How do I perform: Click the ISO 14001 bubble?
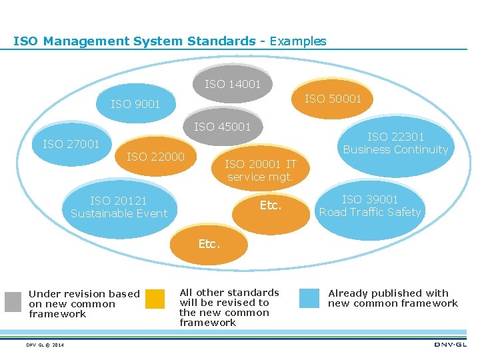[233, 85]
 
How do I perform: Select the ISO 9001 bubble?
[135, 105]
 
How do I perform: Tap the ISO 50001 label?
[333, 99]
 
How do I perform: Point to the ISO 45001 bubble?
[223, 127]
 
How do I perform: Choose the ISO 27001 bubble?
[71, 144]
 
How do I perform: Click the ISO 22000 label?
[155, 157]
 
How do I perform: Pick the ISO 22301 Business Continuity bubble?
[395, 143]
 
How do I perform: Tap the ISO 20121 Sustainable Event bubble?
[119, 207]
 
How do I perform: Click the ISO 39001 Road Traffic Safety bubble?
[370, 205]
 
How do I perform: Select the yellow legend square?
[155, 299]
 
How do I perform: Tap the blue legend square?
[309, 298]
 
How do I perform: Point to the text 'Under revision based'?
[84, 294]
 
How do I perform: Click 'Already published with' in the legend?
[389, 293]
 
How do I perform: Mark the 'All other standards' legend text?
[229, 293]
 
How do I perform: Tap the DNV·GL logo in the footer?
[451, 345]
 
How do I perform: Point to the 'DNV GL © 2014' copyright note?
[46, 345]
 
